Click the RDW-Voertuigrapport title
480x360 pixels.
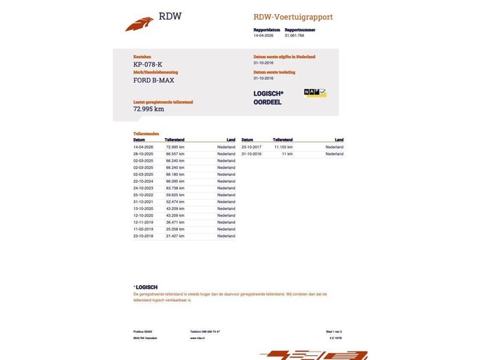tap(293, 17)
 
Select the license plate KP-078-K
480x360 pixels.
tap(148, 64)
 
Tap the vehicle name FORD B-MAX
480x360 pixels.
tap(155, 80)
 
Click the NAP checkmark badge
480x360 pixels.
tap(315, 92)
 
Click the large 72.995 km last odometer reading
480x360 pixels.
tap(149, 109)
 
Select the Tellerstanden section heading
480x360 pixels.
tap(146, 133)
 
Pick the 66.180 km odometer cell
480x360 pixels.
tap(174, 174)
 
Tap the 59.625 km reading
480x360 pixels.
tap(174, 195)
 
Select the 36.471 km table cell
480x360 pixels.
tap(174, 222)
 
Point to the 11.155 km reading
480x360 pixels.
tap(282, 147)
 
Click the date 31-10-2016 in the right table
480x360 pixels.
tap(251, 153)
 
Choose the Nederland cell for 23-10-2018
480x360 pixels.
tap(226, 236)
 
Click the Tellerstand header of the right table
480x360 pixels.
tap(282, 140)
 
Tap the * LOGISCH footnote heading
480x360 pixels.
tap(145, 286)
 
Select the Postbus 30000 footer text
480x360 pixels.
tap(143, 331)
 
